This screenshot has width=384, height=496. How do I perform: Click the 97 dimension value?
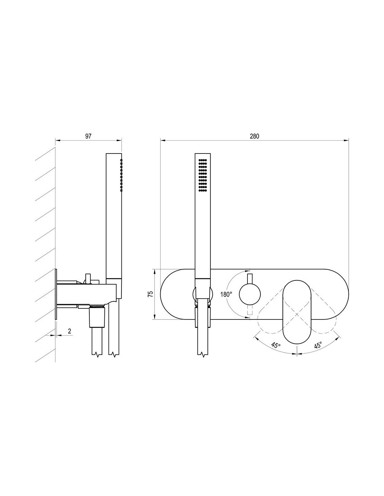pyautogui.click(x=88, y=136)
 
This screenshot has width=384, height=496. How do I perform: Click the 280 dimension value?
pyautogui.click(x=254, y=136)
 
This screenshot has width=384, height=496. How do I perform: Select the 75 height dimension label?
pyautogui.click(x=150, y=294)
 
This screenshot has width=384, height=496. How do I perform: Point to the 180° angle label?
pyautogui.click(x=226, y=294)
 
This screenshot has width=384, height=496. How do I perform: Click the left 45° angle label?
pyautogui.click(x=276, y=345)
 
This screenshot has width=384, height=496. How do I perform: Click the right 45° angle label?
pyautogui.click(x=318, y=345)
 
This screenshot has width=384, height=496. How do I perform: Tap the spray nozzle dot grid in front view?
pyautogui.click(x=202, y=175)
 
